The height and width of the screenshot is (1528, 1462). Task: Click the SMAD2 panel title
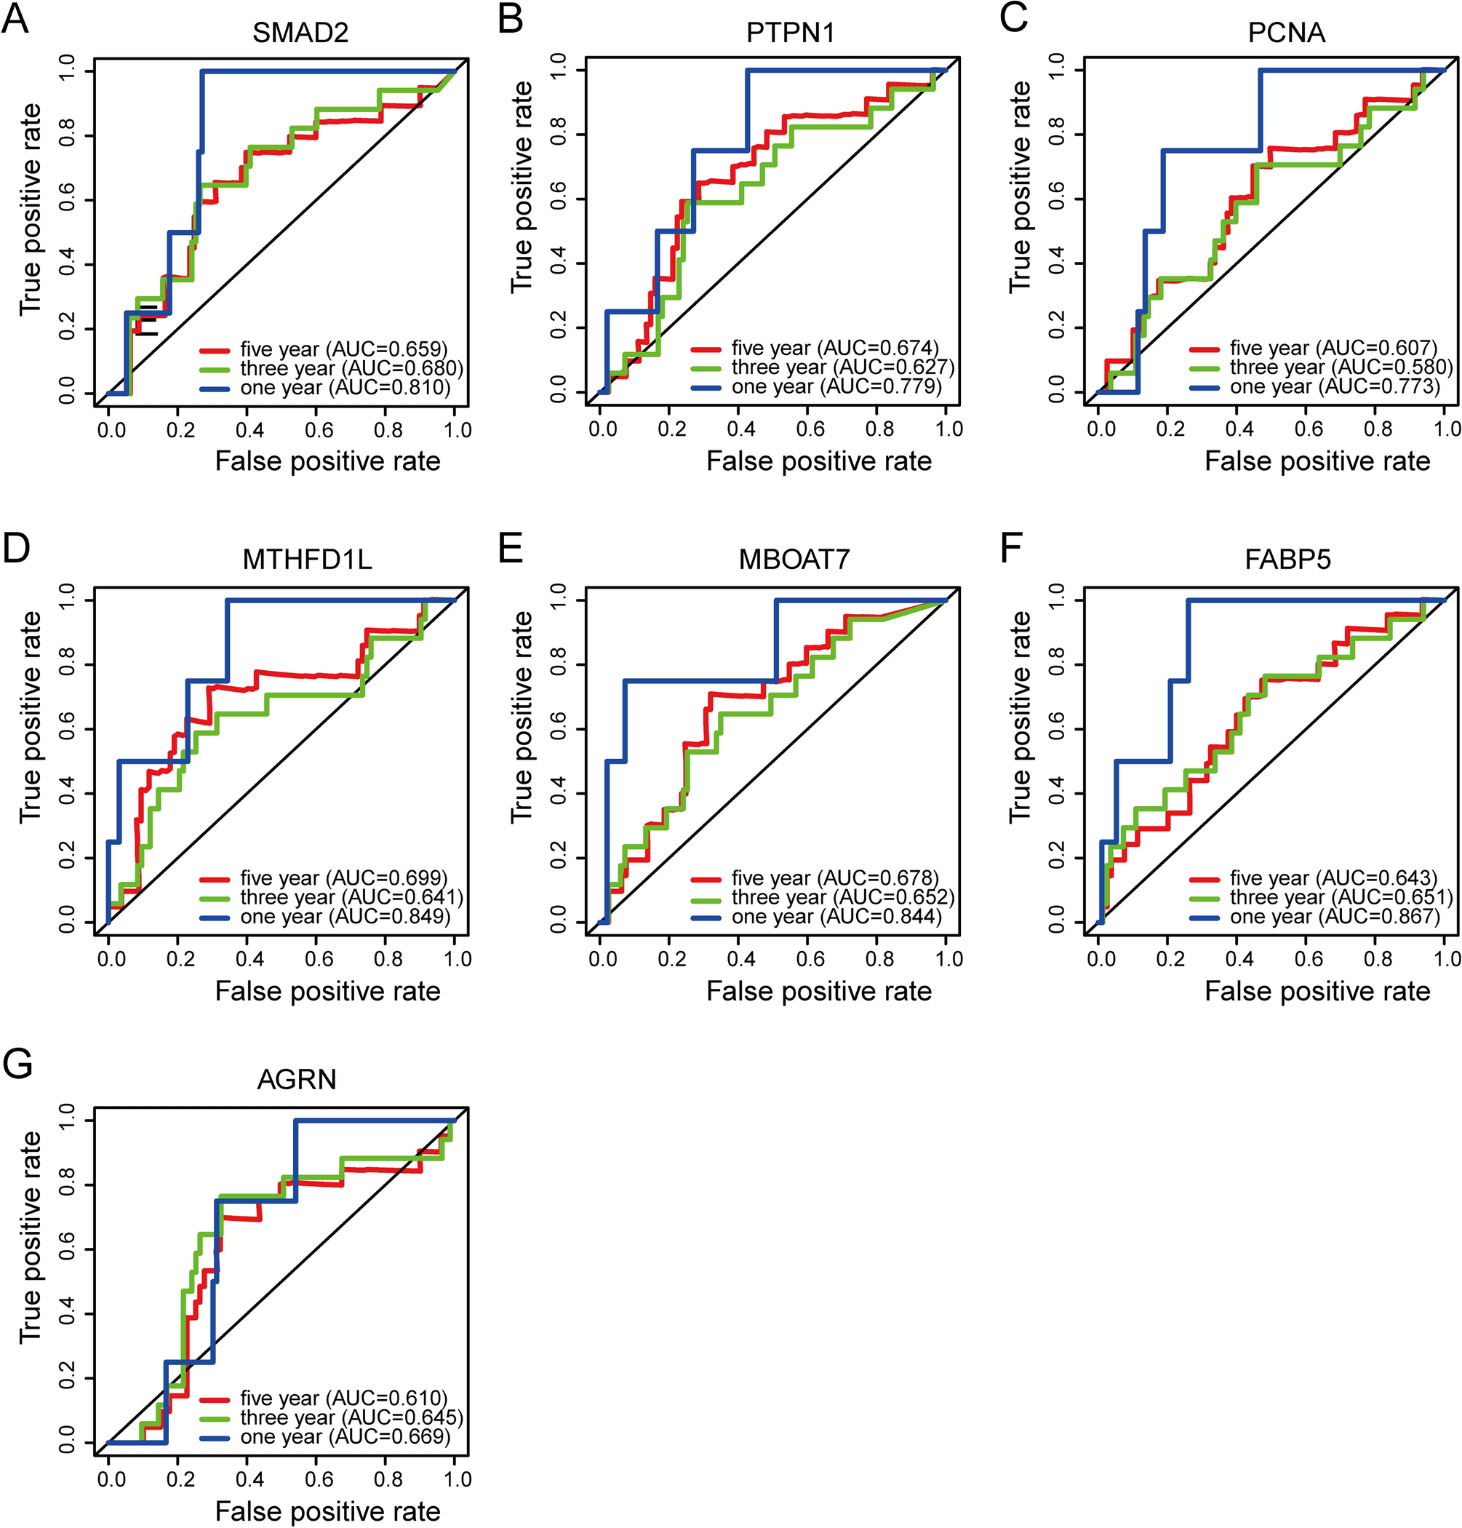(300, 33)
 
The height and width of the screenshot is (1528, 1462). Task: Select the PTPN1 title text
(791, 33)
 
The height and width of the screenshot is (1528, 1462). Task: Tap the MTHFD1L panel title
(307, 560)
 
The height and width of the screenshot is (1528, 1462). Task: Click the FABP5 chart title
(1287, 560)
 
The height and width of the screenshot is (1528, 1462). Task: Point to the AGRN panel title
(297, 1080)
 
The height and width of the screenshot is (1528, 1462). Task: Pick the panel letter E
(511, 548)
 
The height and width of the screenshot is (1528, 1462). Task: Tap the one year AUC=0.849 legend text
(345, 917)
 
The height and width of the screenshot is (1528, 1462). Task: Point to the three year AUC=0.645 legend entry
(351, 1417)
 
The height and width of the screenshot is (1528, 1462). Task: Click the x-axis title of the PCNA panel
(1317, 461)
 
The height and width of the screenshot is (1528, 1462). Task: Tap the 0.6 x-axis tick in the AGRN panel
(319, 1479)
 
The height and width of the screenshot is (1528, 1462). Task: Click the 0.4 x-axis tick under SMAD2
(250, 429)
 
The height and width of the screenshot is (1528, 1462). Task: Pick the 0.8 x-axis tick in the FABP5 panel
(1378, 958)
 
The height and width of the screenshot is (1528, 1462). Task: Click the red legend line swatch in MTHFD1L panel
(215, 879)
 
